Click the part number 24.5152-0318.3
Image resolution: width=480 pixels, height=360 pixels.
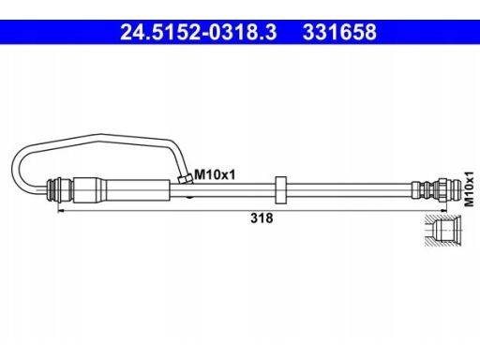point(199,32)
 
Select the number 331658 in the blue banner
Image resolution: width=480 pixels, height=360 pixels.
point(339,32)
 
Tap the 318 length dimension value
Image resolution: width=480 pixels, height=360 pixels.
point(262,218)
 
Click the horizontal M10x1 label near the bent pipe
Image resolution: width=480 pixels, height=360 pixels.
point(215,174)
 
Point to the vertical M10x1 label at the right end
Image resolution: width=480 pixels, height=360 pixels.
point(469,189)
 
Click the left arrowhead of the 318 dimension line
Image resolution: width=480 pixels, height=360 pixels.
point(61,211)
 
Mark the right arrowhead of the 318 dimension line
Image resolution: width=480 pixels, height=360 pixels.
point(443,211)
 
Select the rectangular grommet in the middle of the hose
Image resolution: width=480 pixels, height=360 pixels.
point(280,190)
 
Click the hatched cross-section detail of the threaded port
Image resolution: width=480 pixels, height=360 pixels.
point(442,230)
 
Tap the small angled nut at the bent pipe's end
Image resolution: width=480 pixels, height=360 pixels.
point(185,178)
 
